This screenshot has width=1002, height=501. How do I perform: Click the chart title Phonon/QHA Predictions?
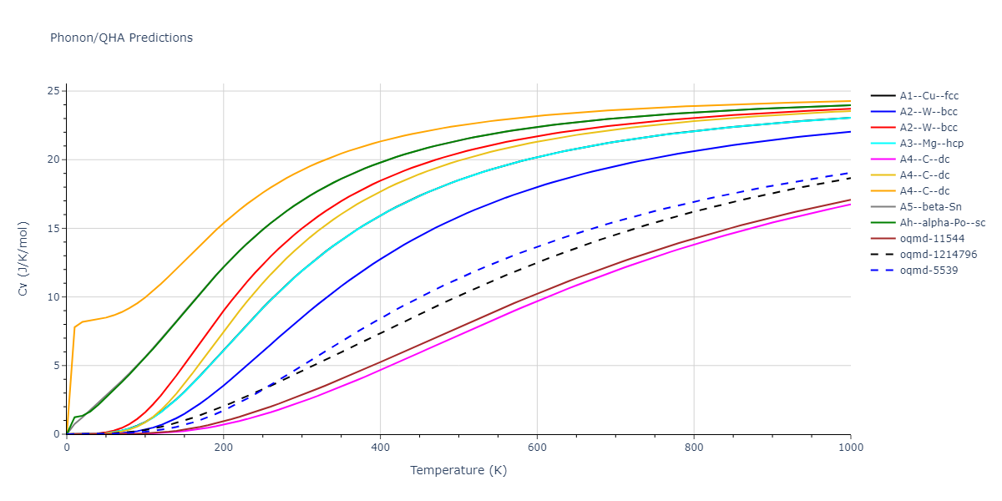(x=121, y=38)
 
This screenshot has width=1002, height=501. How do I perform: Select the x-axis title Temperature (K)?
(x=458, y=470)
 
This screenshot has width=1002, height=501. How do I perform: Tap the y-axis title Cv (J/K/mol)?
(x=34, y=262)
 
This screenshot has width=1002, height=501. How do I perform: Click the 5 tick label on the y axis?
(x=55, y=366)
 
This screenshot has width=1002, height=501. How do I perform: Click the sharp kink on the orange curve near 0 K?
(x=74, y=327)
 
